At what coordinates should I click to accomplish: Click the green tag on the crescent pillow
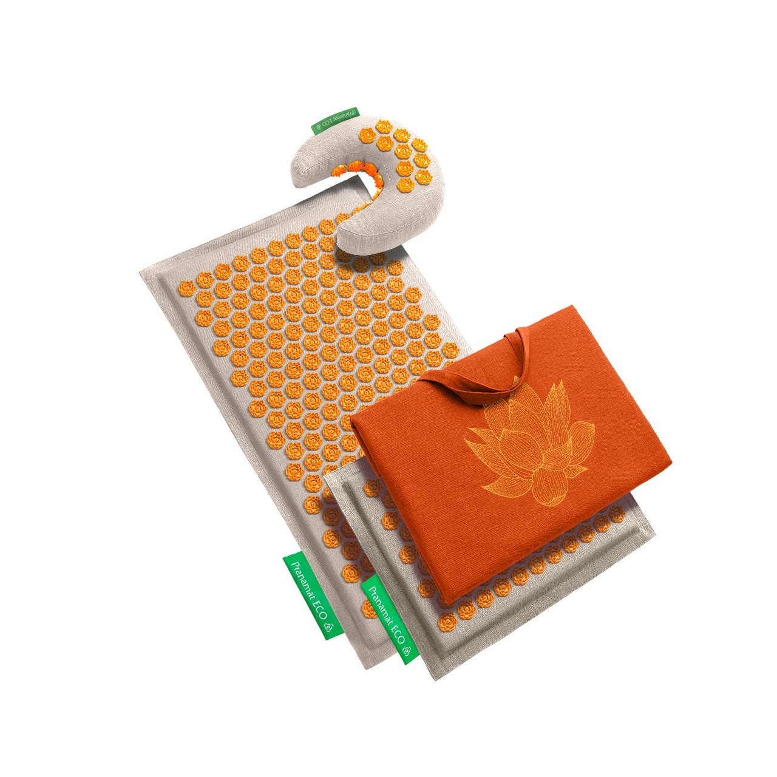pyautogui.click(x=335, y=121)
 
